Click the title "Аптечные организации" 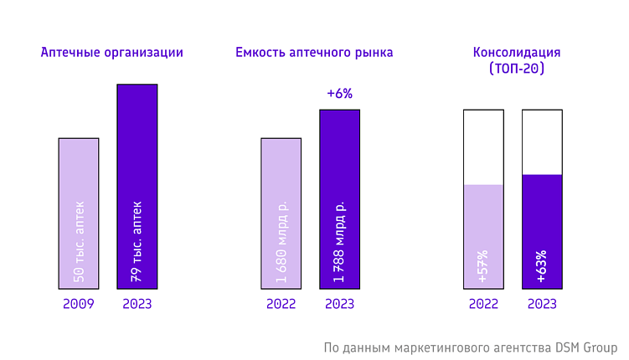(111, 53)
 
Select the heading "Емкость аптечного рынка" (314, 53)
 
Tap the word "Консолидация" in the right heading (517, 53)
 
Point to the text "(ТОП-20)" (517, 69)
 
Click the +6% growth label (339, 94)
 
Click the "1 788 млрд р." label (339, 242)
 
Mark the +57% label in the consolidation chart (483, 267)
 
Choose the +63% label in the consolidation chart (542, 267)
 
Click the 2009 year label (79, 304)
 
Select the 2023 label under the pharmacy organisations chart (137, 304)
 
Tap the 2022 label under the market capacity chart (281, 304)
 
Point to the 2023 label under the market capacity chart (339, 304)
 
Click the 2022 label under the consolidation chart (483, 304)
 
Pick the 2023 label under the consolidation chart (542, 304)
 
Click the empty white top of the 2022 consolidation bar (483, 147)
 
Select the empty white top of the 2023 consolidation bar (542, 141)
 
